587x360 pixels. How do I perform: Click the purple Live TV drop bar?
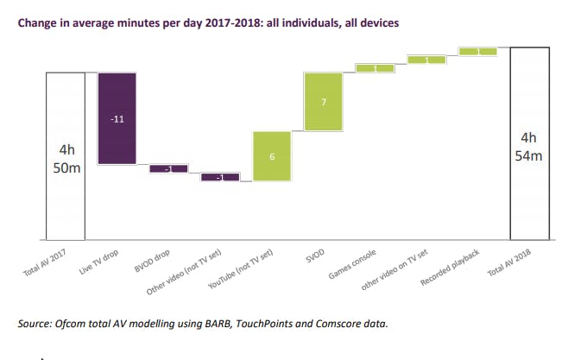(x=117, y=117)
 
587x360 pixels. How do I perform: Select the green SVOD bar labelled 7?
(x=323, y=102)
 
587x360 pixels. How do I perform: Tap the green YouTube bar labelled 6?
(x=271, y=156)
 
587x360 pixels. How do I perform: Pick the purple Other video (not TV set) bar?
(x=219, y=177)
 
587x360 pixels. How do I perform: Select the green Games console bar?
(x=374, y=68)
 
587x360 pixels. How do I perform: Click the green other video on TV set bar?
(x=426, y=60)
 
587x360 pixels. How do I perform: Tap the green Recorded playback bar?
(x=477, y=52)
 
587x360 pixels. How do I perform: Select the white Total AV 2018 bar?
(x=529, y=143)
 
